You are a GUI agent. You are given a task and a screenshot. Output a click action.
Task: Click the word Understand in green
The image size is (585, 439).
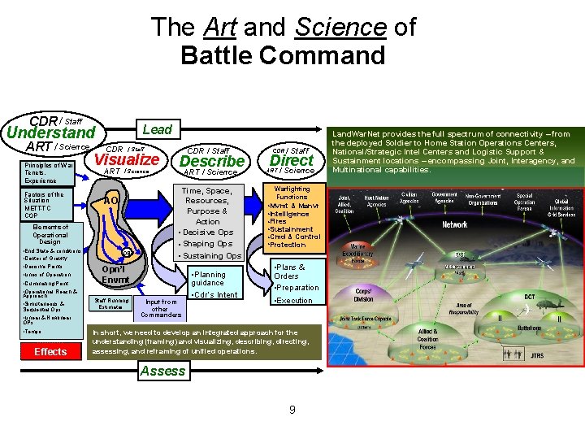tap(50, 133)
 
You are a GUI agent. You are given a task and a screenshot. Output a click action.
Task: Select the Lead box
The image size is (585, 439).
tap(157, 128)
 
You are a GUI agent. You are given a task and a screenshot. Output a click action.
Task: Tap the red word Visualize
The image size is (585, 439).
tap(126, 159)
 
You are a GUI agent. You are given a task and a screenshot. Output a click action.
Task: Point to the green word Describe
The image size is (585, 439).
tap(211, 161)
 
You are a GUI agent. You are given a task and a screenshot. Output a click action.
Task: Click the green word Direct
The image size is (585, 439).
tap(291, 160)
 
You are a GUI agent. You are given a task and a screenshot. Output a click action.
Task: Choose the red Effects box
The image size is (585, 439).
tap(50, 351)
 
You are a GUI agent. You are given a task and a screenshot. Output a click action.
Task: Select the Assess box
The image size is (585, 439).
tap(162, 371)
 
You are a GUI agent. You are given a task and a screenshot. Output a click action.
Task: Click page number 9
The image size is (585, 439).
tap(292, 409)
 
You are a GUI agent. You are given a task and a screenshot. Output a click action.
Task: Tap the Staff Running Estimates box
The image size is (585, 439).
tap(112, 303)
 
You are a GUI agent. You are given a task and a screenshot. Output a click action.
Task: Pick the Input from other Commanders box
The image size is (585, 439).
tap(160, 307)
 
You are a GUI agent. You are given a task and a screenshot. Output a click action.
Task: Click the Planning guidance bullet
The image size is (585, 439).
tap(210, 279)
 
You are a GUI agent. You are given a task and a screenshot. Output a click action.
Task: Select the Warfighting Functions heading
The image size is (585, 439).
tap(291, 193)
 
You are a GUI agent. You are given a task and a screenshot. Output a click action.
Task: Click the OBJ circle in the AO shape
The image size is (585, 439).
tap(128, 252)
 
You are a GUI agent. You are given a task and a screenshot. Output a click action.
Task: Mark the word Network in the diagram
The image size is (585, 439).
tap(454, 224)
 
